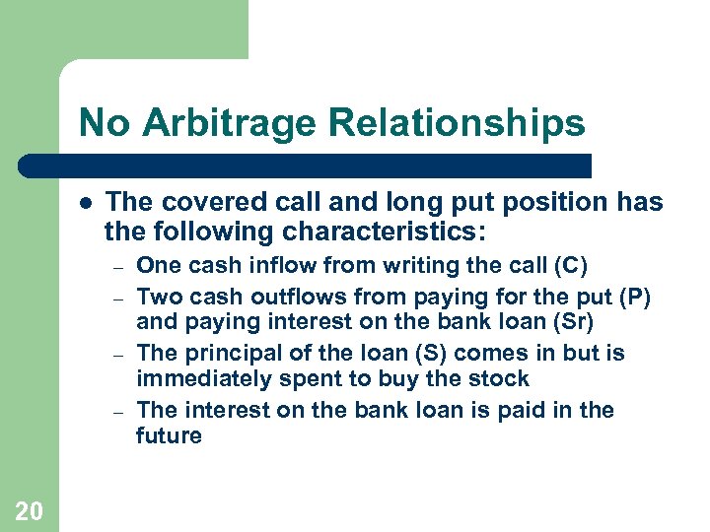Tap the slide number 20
[29, 509]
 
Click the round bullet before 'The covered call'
[86, 202]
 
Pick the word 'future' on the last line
[169, 435]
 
